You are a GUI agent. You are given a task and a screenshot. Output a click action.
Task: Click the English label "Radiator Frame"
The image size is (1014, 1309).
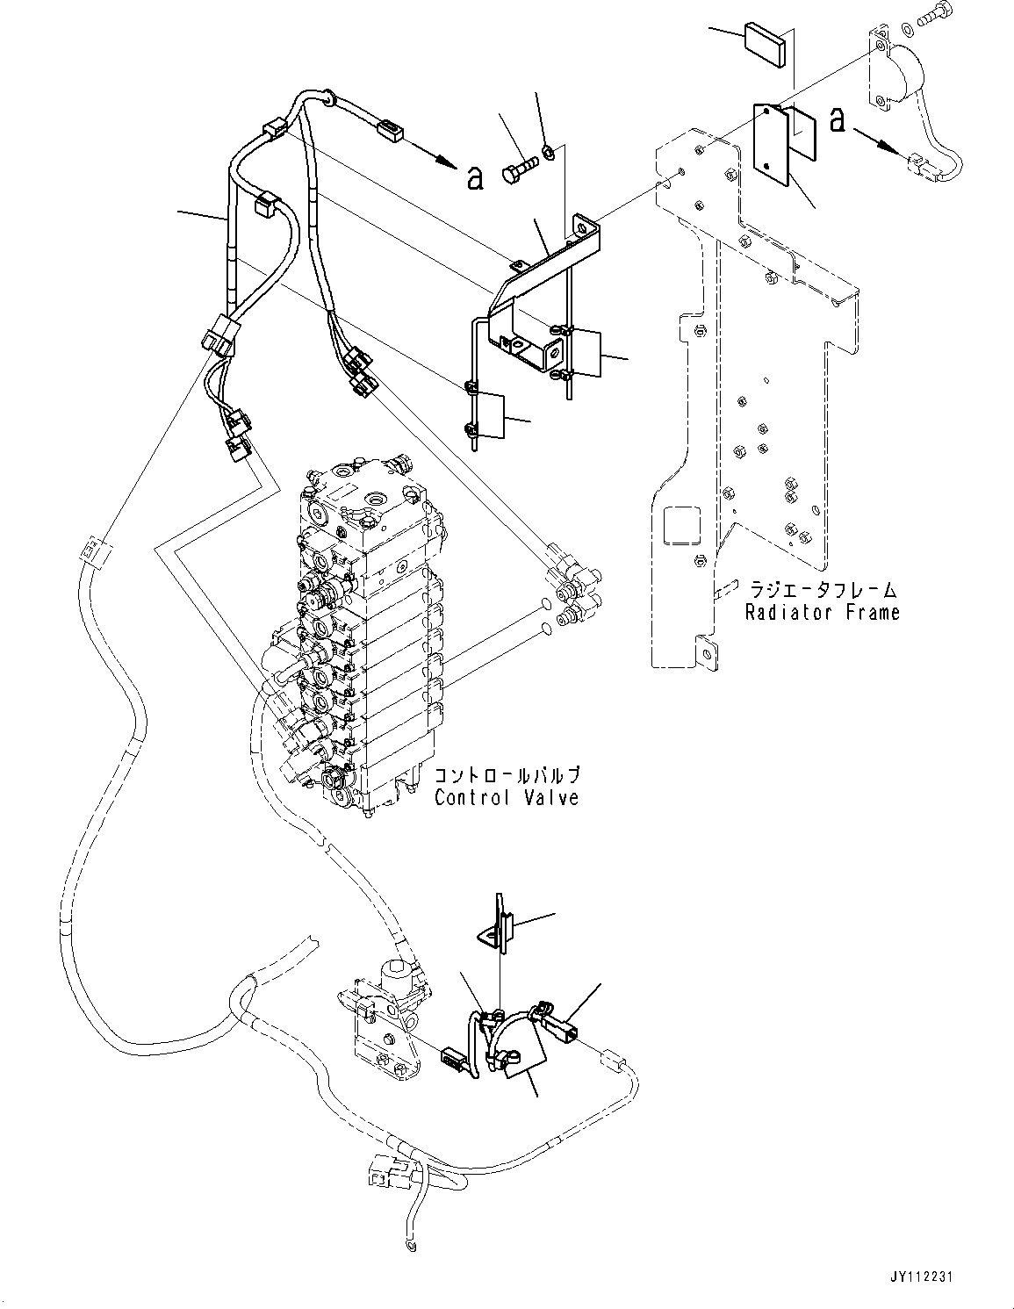pos(823,613)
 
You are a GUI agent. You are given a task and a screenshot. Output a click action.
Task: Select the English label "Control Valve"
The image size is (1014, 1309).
pos(507,797)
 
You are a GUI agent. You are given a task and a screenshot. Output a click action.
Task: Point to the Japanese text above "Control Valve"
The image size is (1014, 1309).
pos(507,776)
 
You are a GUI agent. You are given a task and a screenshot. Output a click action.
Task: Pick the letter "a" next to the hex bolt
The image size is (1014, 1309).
pos(474,176)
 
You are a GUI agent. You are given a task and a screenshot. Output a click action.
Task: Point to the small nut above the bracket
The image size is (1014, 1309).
pos(546,153)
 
